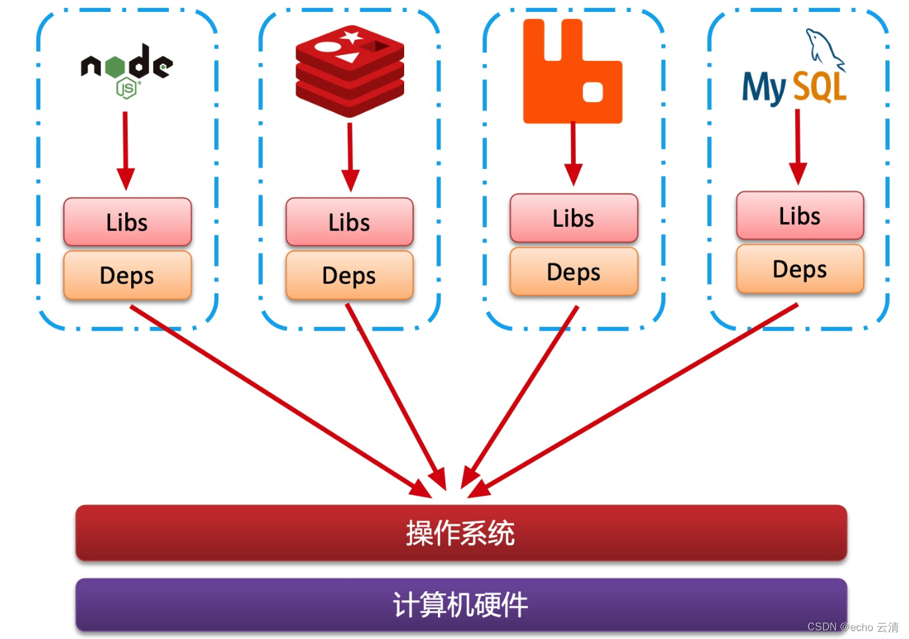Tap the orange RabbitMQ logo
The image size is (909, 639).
pos(572,72)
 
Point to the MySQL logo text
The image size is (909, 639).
pos(794,87)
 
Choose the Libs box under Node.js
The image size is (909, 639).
pos(127,222)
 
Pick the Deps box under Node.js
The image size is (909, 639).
pos(127,275)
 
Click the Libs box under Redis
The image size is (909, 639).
pos(349,222)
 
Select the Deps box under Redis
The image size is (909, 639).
pos(349,275)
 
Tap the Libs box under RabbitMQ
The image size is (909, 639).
pos(574,218)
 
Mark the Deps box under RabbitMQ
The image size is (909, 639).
pos(574,272)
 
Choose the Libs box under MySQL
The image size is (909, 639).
pos(800,216)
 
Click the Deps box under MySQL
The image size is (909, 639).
pos(800,269)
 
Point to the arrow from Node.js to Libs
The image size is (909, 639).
pos(125,149)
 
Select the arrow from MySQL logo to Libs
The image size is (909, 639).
pos(798,146)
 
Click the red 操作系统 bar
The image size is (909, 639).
pos(461,533)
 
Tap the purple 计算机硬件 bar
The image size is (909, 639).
pos(461,605)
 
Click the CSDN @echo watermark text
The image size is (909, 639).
pos(852,627)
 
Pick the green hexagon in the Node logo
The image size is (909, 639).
pos(115,66)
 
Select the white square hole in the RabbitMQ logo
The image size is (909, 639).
pos(592,92)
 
